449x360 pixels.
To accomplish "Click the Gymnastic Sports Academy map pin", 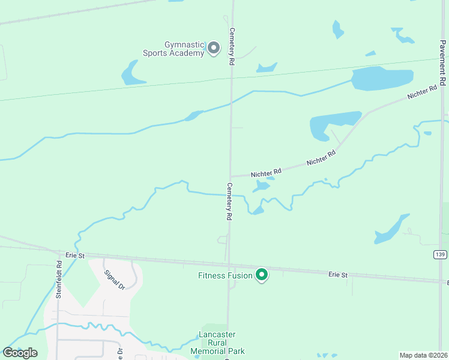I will coord(213,47).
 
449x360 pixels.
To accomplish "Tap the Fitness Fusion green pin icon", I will coord(262,275).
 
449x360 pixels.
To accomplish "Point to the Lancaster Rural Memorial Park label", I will coord(221,343).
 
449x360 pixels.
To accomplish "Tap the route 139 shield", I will coord(440,255).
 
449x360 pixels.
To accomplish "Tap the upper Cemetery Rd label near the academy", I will coord(231,46).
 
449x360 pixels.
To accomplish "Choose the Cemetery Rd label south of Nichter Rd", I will coord(229,202).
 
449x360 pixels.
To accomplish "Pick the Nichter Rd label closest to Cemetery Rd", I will coord(266,173).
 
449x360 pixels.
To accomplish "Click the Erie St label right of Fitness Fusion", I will coord(338,275).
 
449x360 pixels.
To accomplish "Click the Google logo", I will coord(20,353).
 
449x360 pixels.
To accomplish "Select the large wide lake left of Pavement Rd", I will coord(382,78).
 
